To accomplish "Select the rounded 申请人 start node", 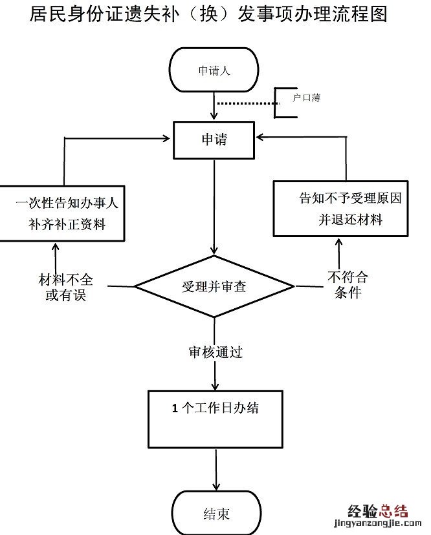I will click(x=214, y=70).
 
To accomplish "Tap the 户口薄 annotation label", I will click(x=306, y=98).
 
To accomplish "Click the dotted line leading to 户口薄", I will click(x=246, y=103).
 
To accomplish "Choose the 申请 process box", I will click(x=214, y=139).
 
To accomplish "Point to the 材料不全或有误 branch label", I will click(x=65, y=288).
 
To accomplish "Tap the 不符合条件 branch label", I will click(x=348, y=284).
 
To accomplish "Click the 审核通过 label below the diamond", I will click(x=215, y=353).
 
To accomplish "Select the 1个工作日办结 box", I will click(x=215, y=419).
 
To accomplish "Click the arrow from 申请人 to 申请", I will click(x=214, y=105).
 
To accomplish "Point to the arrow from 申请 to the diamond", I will click(x=214, y=207).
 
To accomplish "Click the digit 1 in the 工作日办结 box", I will click(x=175, y=408).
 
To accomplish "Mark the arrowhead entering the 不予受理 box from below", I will click(x=337, y=242).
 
